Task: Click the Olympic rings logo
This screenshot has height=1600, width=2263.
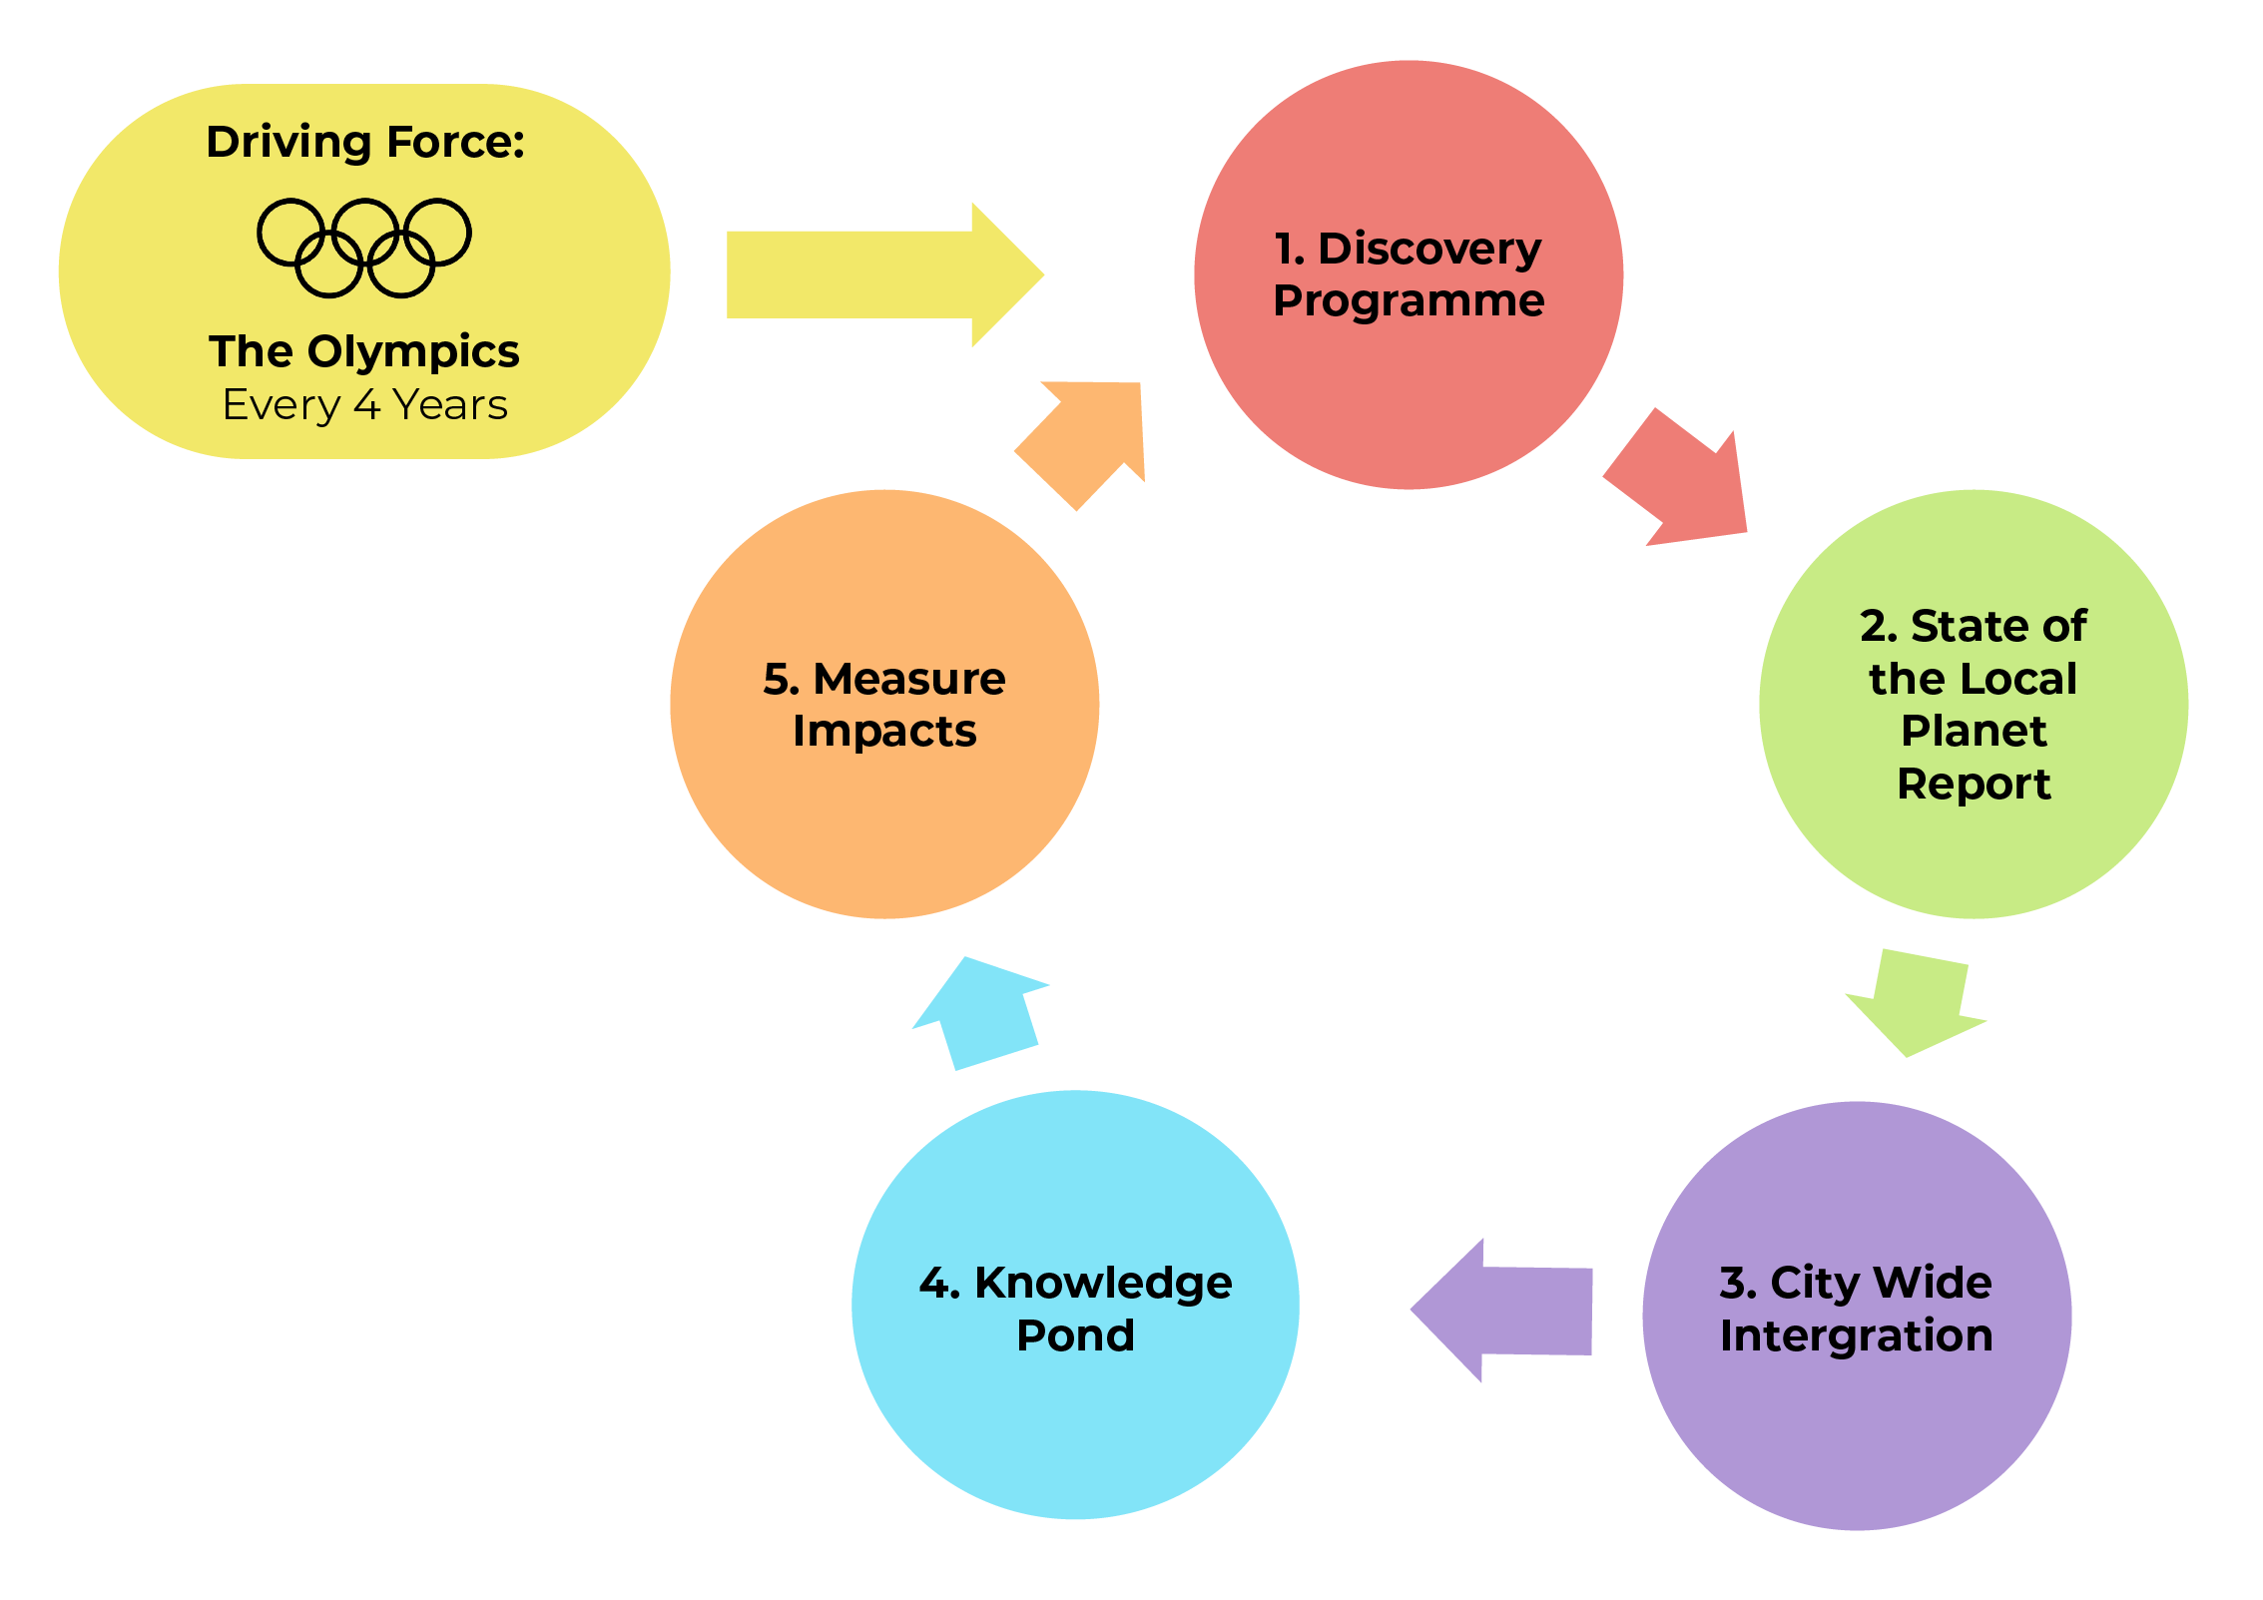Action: [364, 248]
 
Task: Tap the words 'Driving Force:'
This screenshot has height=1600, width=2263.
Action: [365, 142]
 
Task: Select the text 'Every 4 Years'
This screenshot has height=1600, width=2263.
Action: [365, 405]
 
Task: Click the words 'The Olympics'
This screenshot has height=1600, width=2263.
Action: [364, 351]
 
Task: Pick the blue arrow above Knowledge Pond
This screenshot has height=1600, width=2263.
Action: [984, 1012]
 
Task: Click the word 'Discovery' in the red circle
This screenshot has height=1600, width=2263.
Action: [1429, 249]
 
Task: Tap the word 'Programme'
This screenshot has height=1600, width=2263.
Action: [1409, 300]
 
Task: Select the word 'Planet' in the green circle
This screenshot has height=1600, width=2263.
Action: [1974, 731]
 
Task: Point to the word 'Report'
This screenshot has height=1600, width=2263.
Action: [1974, 784]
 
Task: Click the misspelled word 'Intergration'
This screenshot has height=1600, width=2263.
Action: [1856, 1335]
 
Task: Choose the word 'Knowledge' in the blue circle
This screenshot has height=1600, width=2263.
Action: [1103, 1284]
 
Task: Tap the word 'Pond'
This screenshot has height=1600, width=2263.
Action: [1075, 1335]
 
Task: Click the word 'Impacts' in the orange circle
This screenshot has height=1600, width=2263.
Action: [884, 731]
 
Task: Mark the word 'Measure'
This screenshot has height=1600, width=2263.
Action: [909, 679]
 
